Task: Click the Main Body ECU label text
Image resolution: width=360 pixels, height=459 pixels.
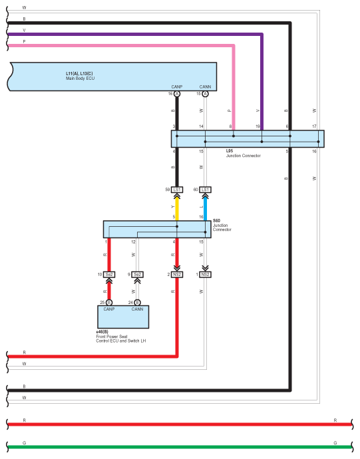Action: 80,76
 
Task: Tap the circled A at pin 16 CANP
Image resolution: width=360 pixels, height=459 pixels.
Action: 177,94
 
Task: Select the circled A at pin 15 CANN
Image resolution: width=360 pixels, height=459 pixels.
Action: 206,94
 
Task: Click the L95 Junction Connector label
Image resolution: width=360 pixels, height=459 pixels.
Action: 243,153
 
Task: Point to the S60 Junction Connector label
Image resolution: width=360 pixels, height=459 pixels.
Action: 222,225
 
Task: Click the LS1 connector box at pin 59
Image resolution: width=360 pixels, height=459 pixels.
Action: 177,190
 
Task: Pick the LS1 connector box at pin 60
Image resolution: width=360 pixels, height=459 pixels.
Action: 206,190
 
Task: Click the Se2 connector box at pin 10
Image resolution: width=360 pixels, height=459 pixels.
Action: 109,274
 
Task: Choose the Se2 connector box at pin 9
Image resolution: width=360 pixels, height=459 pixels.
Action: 137,274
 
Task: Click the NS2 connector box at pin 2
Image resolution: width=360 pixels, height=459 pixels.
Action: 177,274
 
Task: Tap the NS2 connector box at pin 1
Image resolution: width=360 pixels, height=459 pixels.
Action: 206,274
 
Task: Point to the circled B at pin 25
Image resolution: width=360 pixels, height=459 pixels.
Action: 109,303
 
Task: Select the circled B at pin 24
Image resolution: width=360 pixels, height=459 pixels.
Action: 137,303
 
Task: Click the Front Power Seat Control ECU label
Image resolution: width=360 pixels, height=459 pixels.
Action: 121,337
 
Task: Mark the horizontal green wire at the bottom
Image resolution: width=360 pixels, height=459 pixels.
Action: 180,447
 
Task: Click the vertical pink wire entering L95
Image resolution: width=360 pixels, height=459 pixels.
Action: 234,88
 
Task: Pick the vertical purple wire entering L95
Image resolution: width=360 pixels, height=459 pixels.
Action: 262,82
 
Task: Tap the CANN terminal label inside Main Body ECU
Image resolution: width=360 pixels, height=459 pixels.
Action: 205,86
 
